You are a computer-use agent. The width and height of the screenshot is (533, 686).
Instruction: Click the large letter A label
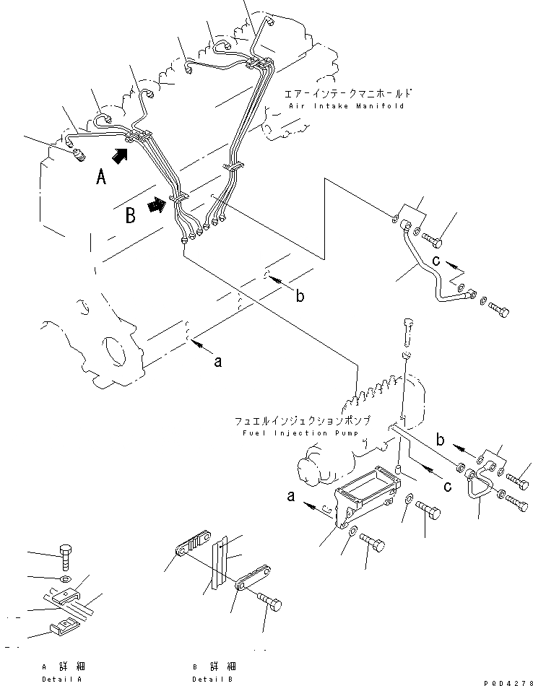click(102, 175)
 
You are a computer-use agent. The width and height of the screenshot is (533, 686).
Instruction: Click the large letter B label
click(130, 215)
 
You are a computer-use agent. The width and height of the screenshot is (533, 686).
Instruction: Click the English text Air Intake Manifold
click(346, 105)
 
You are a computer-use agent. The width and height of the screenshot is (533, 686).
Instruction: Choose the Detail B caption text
click(214, 679)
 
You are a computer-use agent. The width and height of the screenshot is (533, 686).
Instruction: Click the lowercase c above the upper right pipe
click(436, 260)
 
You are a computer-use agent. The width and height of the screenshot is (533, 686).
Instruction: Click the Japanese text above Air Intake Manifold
click(349, 92)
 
